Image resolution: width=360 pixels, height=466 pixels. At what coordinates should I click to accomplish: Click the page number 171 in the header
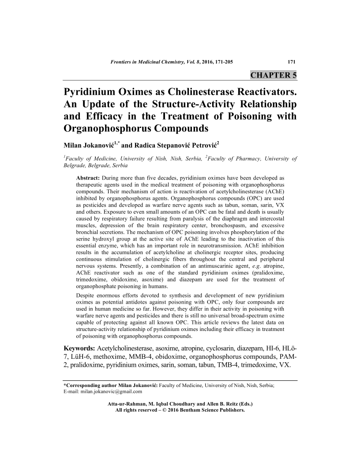(291, 62)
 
